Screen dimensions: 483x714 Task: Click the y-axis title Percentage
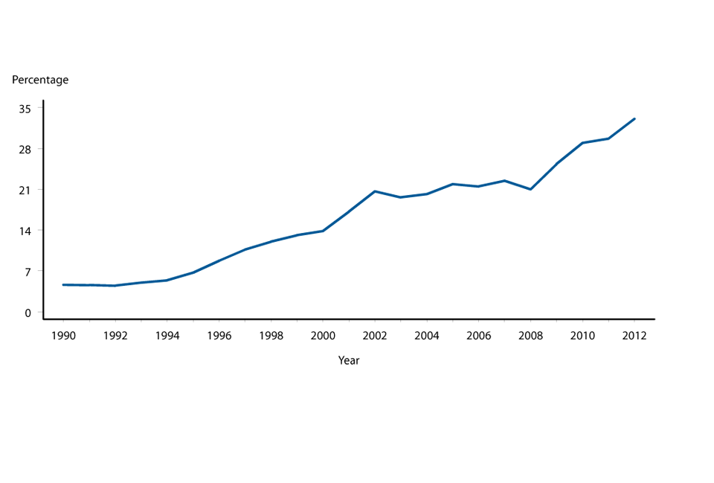point(40,80)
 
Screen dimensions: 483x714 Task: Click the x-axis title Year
point(349,360)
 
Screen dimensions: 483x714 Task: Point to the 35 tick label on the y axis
point(25,108)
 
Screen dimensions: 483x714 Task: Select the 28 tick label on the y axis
point(25,149)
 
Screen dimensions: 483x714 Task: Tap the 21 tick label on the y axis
point(25,190)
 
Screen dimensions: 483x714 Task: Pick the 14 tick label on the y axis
point(25,231)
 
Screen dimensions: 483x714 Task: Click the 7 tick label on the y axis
point(28,272)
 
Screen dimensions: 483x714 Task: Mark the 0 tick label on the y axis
point(28,313)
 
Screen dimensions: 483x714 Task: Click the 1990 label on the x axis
point(63,336)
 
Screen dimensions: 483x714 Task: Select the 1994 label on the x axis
point(167,336)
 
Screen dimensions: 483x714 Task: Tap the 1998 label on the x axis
point(271,336)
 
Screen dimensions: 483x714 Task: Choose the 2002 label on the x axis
point(375,336)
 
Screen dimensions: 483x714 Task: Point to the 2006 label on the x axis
point(478,336)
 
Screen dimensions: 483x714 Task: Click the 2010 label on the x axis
point(582,336)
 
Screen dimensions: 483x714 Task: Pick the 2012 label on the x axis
point(634,336)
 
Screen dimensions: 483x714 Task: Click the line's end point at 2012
point(634,118)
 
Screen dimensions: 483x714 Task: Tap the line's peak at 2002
point(375,191)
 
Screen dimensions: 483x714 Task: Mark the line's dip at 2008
point(530,189)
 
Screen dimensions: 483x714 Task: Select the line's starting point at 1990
point(63,284)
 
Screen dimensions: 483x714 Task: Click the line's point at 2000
point(323,231)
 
